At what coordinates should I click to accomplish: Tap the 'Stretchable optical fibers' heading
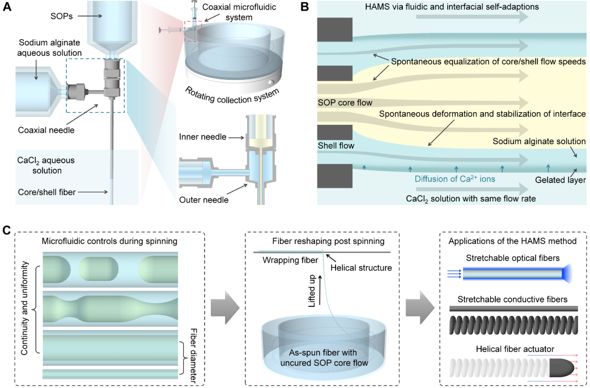pos(513,259)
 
